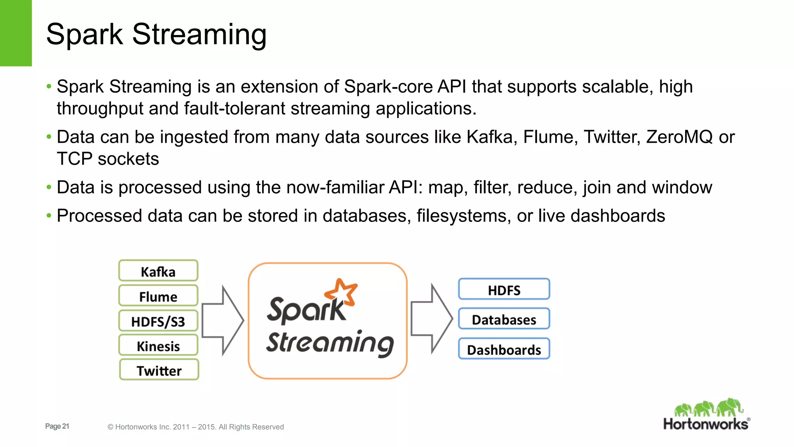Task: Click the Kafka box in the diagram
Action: (158, 271)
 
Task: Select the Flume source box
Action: (158, 296)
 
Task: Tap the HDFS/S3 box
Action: (158, 321)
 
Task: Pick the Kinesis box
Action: (158, 345)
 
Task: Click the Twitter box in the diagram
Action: (159, 370)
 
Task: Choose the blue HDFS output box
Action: (504, 289)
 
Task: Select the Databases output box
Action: (504, 319)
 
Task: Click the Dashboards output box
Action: (504, 349)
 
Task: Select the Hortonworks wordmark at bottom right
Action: (706, 424)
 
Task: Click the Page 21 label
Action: (57, 426)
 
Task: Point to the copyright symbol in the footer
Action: (110, 427)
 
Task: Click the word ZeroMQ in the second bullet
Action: (679, 137)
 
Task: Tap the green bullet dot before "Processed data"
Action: (49, 215)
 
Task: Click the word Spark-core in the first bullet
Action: (388, 87)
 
